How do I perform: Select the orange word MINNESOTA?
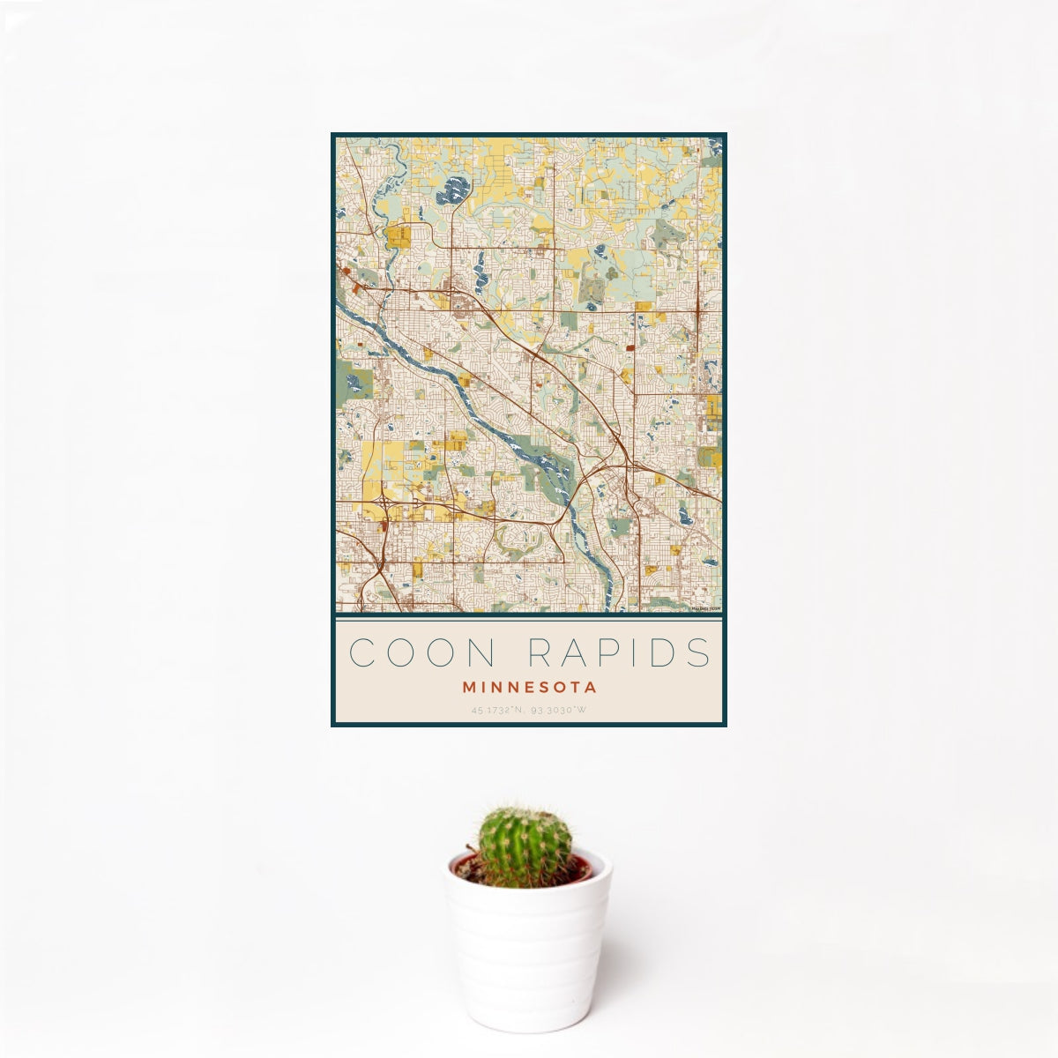[529, 687]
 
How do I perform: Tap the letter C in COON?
[364, 652]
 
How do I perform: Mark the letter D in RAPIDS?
[665, 652]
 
